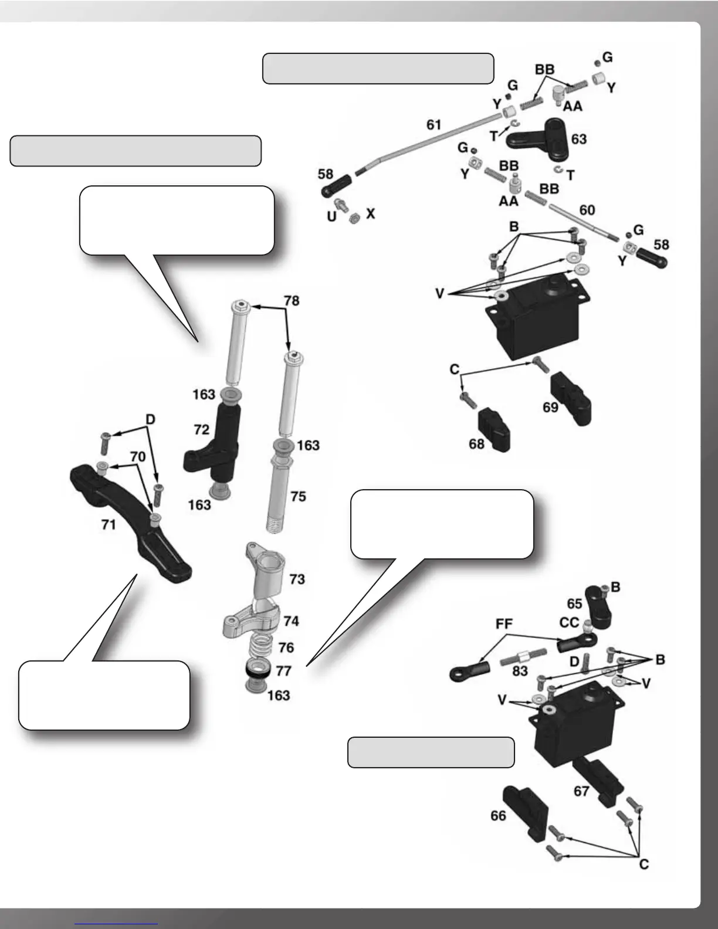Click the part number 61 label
click(433, 125)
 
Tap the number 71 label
click(109, 524)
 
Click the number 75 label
click(298, 497)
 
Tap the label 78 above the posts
click(291, 301)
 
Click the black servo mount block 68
click(495, 429)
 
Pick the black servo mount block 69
click(571, 398)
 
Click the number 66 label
click(498, 816)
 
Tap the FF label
click(504, 623)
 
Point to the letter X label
click(370, 213)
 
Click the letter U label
click(331, 216)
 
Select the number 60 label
click(587, 210)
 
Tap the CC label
click(569, 622)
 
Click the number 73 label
click(297, 579)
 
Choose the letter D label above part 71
click(150, 419)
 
